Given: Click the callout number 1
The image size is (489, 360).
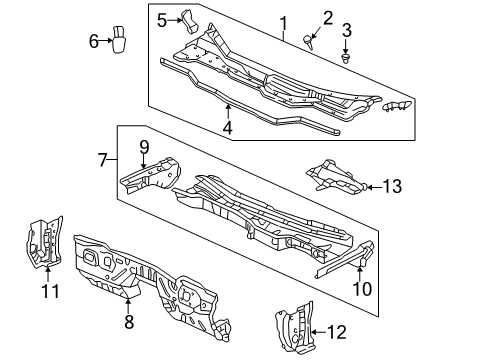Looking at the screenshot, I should point(283,22).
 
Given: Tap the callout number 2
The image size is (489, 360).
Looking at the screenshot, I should point(327,17).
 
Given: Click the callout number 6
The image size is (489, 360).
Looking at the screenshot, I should point(94,41).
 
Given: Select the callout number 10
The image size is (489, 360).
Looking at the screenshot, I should point(362,289).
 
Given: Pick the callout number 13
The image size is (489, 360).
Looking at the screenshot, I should point(392,185).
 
